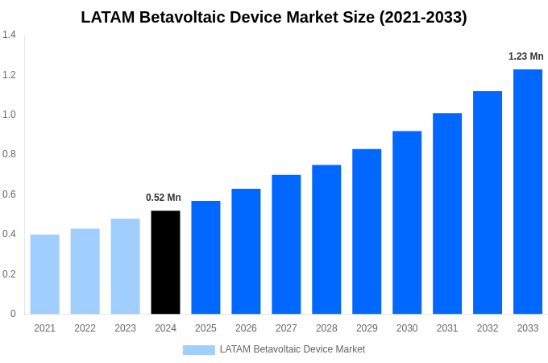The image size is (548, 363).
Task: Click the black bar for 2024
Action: pyautogui.click(x=165, y=262)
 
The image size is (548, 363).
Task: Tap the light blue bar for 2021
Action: pyautogui.click(x=44, y=274)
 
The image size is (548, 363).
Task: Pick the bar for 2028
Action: pyautogui.click(x=326, y=240)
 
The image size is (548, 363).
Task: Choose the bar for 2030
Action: pyautogui.click(x=407, y=223)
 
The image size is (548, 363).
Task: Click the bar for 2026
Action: pyautogui.click(x=246, y=252)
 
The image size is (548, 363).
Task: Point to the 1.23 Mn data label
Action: pyautogui.click(x=525, y=56)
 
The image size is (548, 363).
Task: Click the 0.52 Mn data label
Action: pyautogui.click(x=164, y=198)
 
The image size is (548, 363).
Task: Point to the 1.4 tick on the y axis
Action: pyautogui.click(x=9, y=35)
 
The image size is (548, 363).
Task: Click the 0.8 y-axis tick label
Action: pyautogui.click(x=9, y=154)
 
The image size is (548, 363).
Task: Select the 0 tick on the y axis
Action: pyautogui.click(x=13, y=314)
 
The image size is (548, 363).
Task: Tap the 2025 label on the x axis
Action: pyautogui.click(x=205, y=328)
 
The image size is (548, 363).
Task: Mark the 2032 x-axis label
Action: pyautogui.click(x=488, y=328)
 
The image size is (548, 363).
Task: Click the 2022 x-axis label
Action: pyautogui.click(x=85, y=328)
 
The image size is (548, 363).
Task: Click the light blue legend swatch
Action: pyautogui.click(x=198, y=349)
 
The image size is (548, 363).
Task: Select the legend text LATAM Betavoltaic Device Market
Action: pyautogui.click(x=293, y=349)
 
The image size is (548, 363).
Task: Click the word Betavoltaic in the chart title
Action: pyautogui.click(x=182, y=17)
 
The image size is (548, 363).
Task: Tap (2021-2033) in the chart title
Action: pyautogui.click(x=423, y=17)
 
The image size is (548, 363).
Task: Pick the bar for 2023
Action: pyautogui.click(x=125, y=266)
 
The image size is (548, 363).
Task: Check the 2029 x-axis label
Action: pyautogui.click(x=367, y=328)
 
